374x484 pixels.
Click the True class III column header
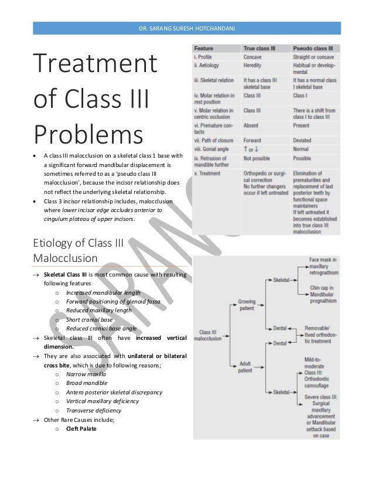pyautogui.click(x=259, y=49)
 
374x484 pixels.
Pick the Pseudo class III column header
pyautogui.click(x=313, y=49)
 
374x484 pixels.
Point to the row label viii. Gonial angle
pyautogui.click(x=213, y=150)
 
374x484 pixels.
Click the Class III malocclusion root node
pyautogui.click(x=209, y=335)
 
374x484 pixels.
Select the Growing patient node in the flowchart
pyautogui.click(x=247, y=305)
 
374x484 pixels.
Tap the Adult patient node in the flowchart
pyautogui.click(x=245, y=367)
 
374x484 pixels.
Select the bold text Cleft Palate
pyautogui.click(x=81, y=428)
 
